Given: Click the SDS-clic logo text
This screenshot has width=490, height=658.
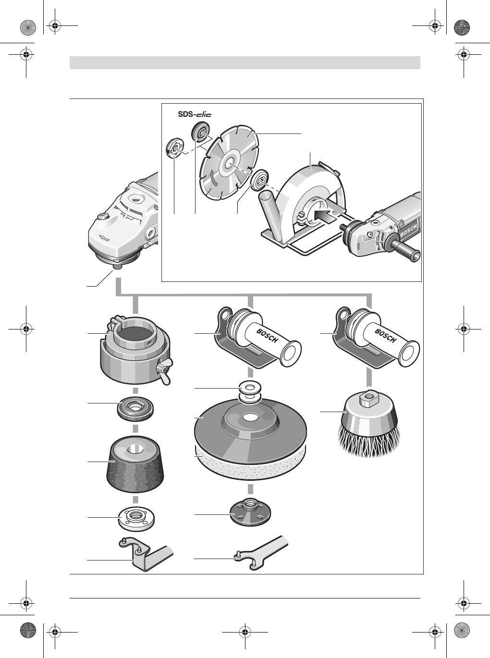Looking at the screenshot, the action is [195, 114].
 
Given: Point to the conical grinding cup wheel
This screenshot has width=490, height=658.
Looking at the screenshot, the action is [136, 464].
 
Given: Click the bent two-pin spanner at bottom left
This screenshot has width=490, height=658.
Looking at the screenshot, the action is [146, 554].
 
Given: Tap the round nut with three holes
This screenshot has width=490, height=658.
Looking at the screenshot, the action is [250, 512].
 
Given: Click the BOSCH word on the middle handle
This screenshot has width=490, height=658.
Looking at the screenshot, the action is [267, 336].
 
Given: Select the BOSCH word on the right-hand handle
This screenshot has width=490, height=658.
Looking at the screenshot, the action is [386, 336].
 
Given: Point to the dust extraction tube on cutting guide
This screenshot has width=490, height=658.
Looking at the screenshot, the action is [269, 211].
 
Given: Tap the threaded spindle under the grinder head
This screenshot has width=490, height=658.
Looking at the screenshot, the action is [114, 266].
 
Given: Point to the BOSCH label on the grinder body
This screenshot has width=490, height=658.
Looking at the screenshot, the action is [409, 231].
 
